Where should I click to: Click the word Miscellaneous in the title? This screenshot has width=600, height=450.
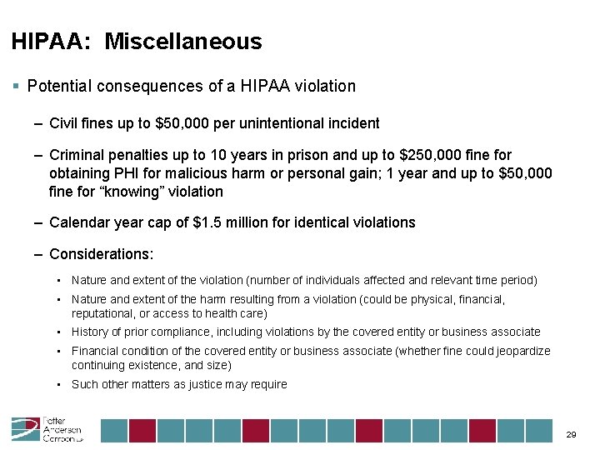pos(182,42)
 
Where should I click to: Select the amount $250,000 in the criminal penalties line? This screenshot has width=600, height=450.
pos(436,155)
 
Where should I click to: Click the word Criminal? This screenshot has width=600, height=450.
pos(80,155)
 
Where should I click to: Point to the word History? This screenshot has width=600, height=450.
pos(90,332)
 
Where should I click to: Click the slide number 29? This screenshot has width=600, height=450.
pos(571,434)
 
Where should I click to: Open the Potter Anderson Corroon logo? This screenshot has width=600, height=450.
pos(47,429)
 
